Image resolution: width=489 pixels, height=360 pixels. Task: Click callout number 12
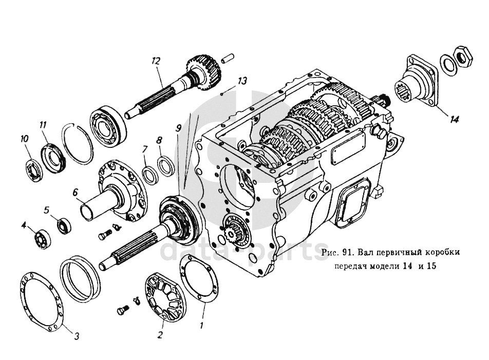[x=156, y=61]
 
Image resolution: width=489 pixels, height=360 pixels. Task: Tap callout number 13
[x=242, y=81]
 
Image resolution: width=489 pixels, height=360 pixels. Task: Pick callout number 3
[x=76, y=337]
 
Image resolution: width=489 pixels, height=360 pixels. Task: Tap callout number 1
[x=202, y=325]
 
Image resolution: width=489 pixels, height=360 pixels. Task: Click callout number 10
[x=24, y=139]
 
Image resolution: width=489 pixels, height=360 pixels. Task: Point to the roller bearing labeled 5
[x=64, y=224]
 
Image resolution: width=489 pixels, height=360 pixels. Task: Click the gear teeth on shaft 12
[x=206, y=72]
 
